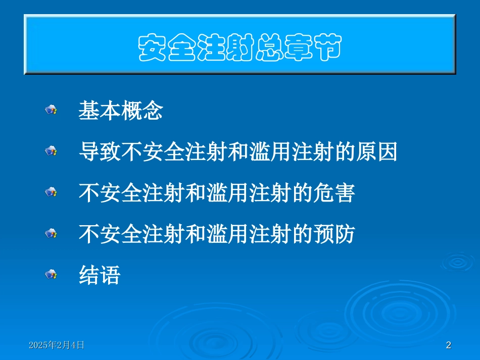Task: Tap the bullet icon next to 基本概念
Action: pyautogui.click(x=51, y=110)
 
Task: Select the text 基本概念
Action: pyautogui.click(x=120, y=111)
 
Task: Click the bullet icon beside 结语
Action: pyautogui.click(x=51, y=274)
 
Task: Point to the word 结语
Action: pyautogui.click(x=100, y=275)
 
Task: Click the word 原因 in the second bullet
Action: pyautogui.click(x=376, y=152)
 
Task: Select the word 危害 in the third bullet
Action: pyautogui.click(x=333, y=193)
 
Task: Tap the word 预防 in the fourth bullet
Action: pyautogui.click(x=333, y=234)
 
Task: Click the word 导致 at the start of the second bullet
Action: pyautogui.click(x=100, y=152)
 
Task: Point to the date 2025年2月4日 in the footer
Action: pyautogui.click(x=57, y=345)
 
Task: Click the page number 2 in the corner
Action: pyautogui.click(x=448, y=345)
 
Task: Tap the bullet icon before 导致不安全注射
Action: pyautogui.click(x=51, y=150)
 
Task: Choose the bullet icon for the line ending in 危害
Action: pyautogui.click(x=51, y=192)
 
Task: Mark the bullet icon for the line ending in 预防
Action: pyautogui.click(x=51, y=233)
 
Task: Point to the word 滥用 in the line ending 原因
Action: pyautogui.click(x=270, y=152)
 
